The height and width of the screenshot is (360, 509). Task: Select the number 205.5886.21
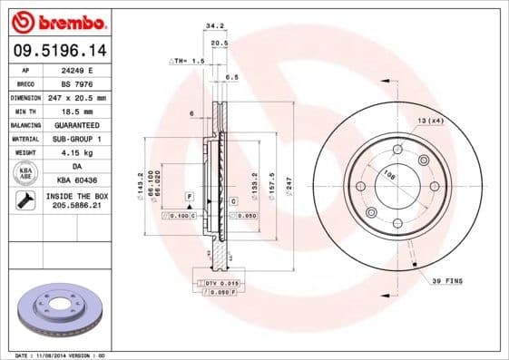point(76,207)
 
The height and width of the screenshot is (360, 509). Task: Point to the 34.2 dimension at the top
point(215,26)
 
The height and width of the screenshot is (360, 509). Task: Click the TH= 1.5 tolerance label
point(189,61)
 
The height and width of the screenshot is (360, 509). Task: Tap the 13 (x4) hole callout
point(430,121)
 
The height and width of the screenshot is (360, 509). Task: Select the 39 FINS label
point(446,281)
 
